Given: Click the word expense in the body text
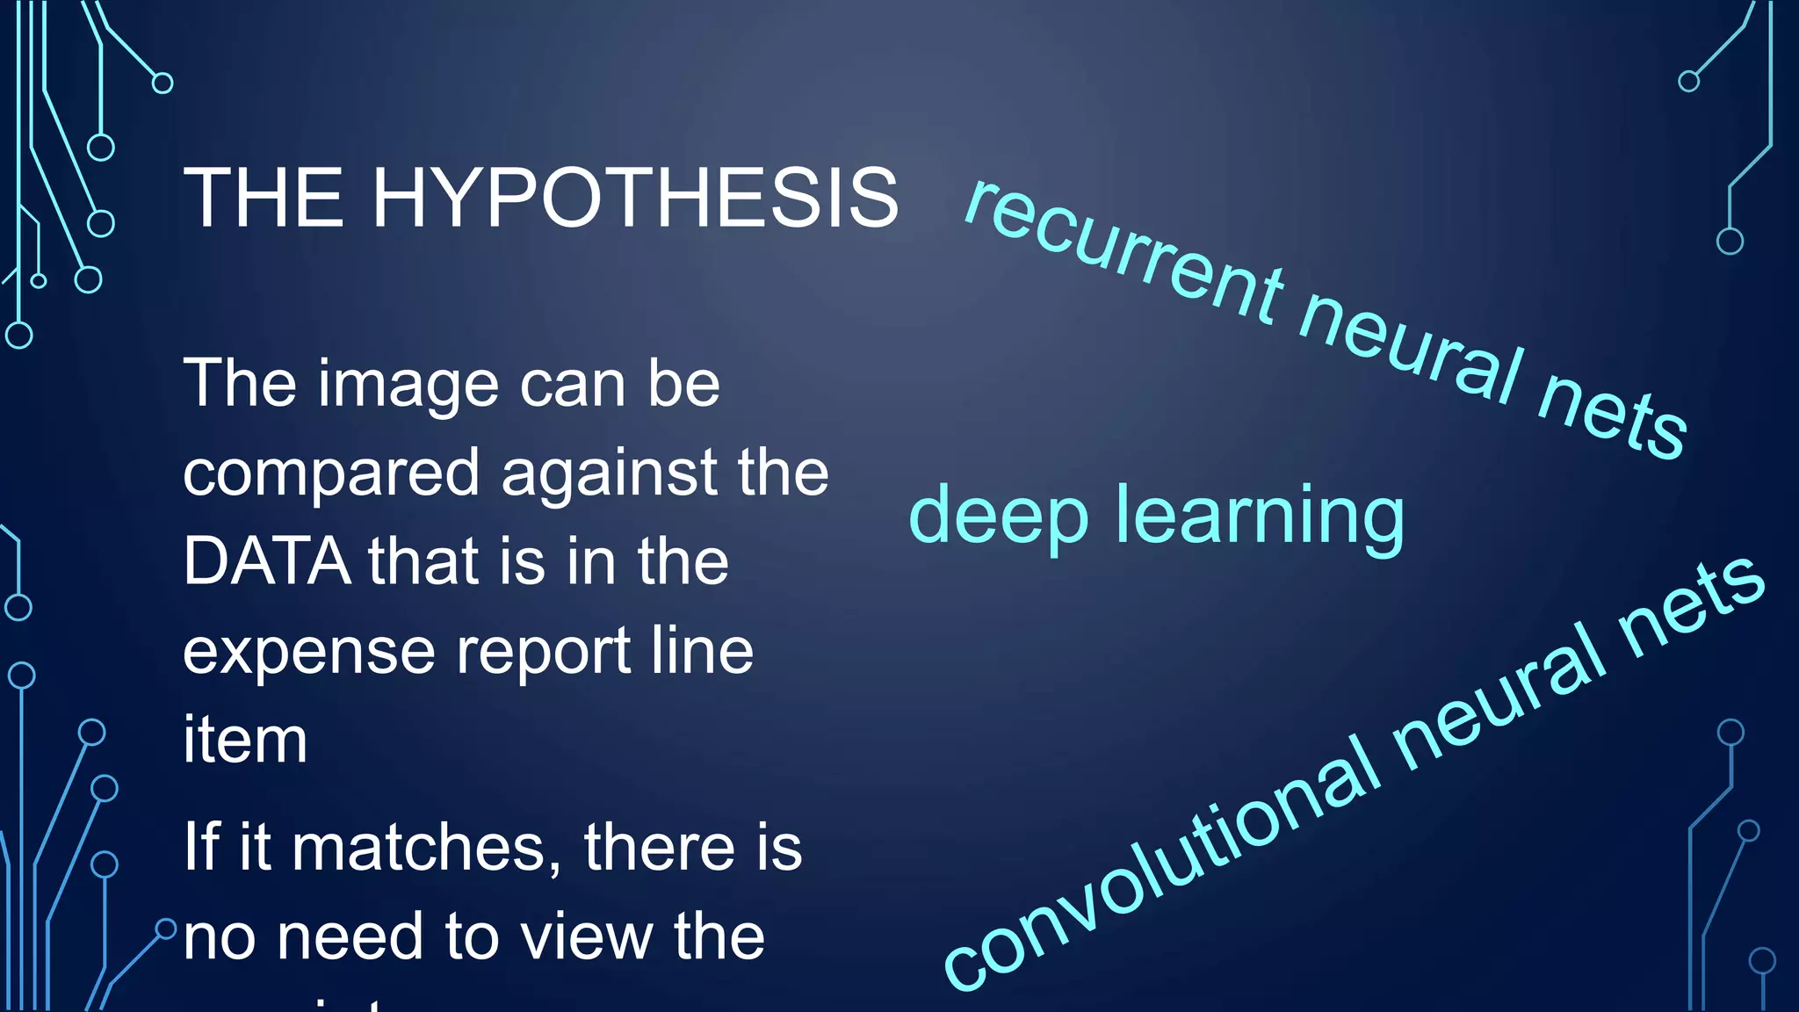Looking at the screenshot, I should tap(308, 653).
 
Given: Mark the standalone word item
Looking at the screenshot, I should tap(245, 741).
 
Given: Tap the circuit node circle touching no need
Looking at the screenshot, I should tap(166, 929).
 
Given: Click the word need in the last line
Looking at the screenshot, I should tap(350, 937).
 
